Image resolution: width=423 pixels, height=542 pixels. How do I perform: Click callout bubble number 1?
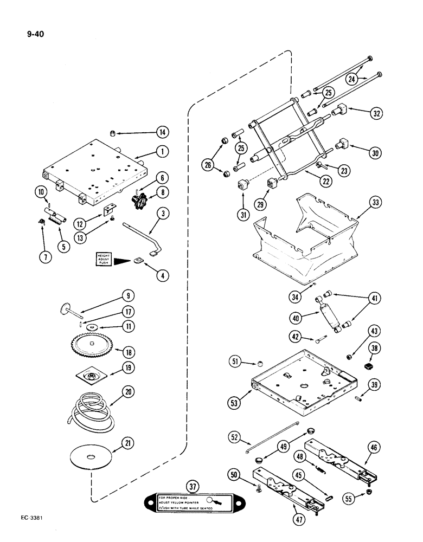(161, 152)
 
